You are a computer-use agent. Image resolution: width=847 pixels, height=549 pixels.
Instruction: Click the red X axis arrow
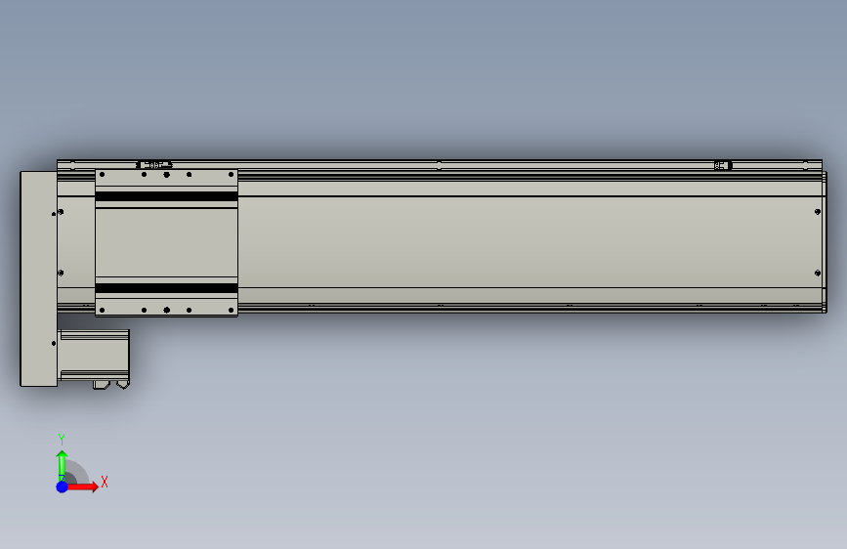(x=84, y=486)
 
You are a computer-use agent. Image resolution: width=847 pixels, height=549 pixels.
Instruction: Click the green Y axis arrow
(x=62, y=462)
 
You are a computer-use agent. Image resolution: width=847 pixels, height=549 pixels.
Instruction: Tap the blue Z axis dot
(x=62, y=486)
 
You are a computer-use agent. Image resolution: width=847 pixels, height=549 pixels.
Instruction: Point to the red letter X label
(x=104, y=482)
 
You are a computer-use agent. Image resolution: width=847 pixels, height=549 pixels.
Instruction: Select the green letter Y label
(x=62, y=439)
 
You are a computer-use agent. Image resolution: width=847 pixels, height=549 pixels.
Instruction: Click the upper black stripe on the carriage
(x=166, y=197)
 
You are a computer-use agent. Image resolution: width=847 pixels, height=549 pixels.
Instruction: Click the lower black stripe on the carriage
(x=166, y=288)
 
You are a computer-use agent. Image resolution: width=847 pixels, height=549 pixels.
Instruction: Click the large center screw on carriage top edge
(x=166, y=175)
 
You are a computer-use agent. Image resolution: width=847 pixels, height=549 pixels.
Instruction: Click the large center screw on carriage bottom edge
(x=166, y=311)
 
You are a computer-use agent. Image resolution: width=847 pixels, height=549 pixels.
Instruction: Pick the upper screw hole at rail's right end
(x=816, y=211)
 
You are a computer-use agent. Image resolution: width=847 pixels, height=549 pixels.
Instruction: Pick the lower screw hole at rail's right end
(x=816, y=273)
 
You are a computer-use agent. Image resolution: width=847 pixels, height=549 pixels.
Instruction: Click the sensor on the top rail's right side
(x=723, y=165)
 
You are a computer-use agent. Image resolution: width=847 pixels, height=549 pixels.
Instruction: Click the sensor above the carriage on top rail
(x=154, y=165)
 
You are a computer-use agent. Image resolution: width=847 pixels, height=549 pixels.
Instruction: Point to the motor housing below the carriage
(x=94, y=354)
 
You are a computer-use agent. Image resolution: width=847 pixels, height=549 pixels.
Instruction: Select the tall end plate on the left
(x=38, y=278)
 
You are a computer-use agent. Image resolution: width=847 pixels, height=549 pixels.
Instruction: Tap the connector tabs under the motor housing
(x=110, y=385)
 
